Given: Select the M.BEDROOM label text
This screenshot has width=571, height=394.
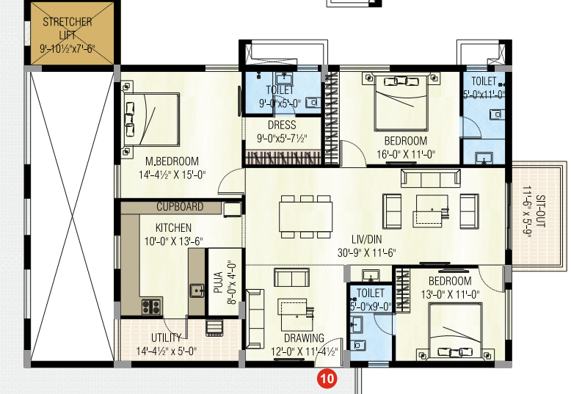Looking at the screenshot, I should [172, 162].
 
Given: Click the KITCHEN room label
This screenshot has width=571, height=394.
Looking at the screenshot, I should [173, 228].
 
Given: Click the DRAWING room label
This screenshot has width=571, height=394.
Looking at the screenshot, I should [305, 338].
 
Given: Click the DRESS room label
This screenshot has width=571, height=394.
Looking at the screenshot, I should [281, 125].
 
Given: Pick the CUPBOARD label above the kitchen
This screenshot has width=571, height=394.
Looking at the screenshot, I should [180, 207].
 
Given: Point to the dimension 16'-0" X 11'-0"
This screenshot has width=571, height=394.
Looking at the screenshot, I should [405, 154].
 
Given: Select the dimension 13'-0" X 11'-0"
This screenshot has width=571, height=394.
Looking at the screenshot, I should [450, 294].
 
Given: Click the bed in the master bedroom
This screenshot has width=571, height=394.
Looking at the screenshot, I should [151, 117].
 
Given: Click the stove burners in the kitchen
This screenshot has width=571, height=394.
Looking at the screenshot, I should [151, 306].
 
